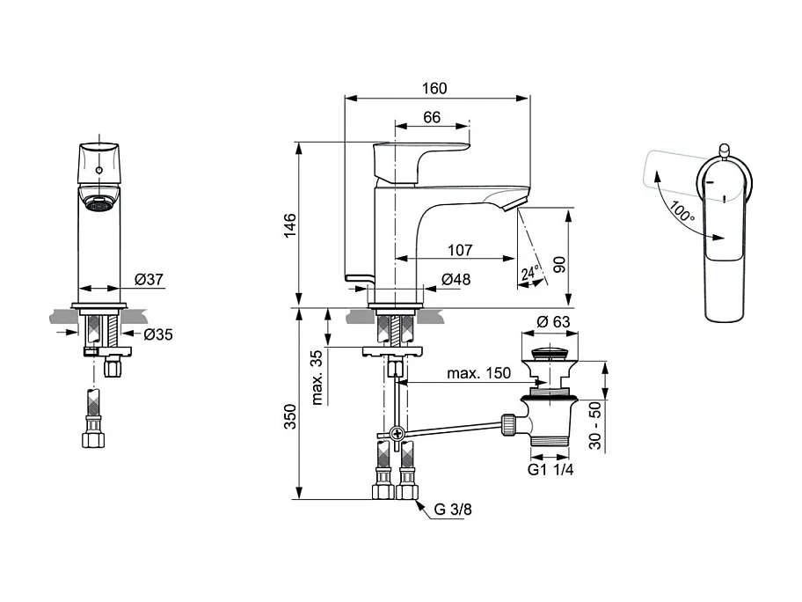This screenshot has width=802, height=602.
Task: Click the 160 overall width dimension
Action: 434,88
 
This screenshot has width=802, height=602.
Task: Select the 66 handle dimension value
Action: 432,117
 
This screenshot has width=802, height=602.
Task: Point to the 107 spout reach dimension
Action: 460,249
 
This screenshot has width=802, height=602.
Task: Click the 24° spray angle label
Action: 529,273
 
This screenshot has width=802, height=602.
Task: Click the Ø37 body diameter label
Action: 149,279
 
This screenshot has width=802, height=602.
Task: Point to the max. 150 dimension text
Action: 478,373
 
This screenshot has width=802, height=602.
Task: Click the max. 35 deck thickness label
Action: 317,377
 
